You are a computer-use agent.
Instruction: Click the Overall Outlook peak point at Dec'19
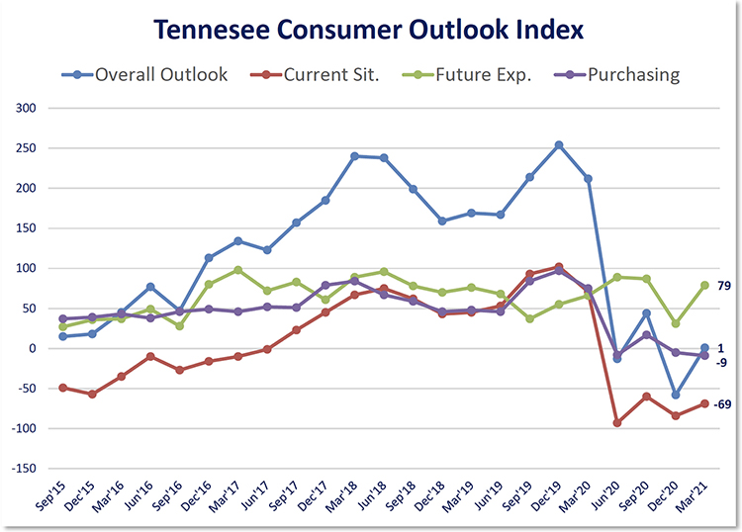(559, 145)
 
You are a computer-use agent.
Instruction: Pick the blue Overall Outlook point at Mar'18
(354, 156)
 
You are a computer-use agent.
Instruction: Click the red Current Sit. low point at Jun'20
(617, 422)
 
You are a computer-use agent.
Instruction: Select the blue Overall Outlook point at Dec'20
(676, 395)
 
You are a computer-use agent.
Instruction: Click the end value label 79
(724, 286)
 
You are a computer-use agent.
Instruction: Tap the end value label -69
(723, 404)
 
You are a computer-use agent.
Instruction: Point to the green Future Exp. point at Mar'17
(238, 270)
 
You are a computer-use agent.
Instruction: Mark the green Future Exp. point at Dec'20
(676, 323)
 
